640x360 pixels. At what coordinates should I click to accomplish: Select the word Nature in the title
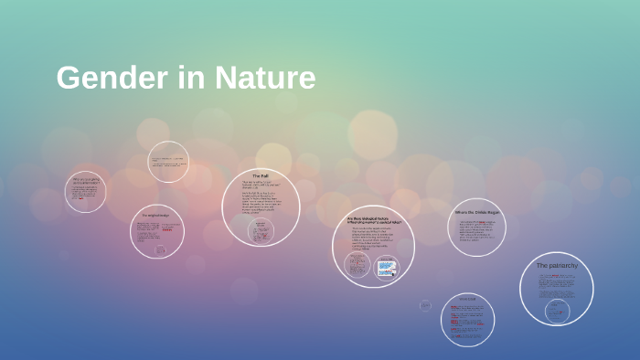265,79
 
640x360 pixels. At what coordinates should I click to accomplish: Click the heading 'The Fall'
261,175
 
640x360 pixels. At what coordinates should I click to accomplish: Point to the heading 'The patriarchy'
556,265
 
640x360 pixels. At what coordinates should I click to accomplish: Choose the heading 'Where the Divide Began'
476,212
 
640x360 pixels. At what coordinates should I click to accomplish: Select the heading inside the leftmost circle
86,181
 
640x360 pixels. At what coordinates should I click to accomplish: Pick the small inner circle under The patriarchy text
556,311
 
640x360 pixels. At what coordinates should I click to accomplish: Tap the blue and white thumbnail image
387,267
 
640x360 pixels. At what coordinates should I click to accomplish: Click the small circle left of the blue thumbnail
357,265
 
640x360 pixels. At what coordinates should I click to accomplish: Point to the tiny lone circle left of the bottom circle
425,305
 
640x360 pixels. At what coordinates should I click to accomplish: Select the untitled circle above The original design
168,162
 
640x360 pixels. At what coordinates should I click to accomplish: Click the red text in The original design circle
166,231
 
